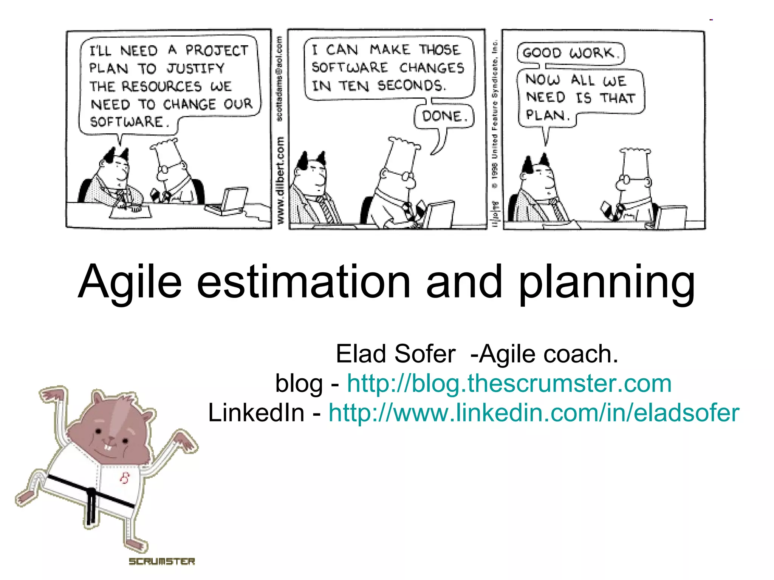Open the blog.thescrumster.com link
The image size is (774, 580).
tap(509, 383)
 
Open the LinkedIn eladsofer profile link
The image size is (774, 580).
tap(534, 412)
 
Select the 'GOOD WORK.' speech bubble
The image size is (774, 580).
tap(570, 53)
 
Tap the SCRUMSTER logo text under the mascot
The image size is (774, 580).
tap(162, 561)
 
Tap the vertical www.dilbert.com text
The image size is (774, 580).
tap(280, 180)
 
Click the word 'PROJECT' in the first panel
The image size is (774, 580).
tap(217, 50)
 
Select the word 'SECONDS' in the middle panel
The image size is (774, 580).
tap(411, 86)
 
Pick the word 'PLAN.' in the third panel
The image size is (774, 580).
tap(548, 115)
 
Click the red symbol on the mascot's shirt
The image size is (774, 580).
tap(125, 478)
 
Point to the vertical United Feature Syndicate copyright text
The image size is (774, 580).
tap(495, 113)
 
